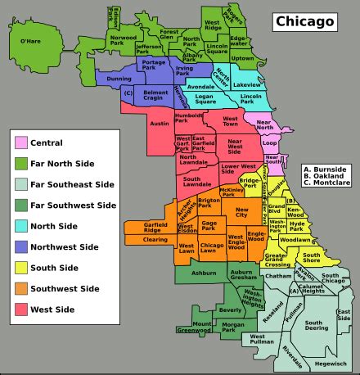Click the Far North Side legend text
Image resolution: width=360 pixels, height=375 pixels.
(x=61, y=164)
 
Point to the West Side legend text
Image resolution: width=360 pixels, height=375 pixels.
(x=53, y=309)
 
